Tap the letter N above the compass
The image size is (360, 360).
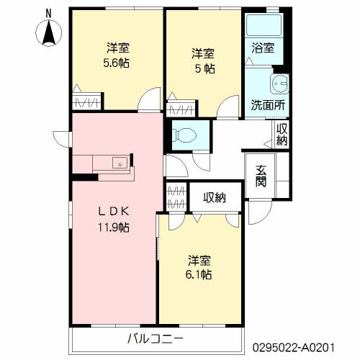(49, 14)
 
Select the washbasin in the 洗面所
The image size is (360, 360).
(279, 84)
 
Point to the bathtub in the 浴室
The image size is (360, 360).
(264, 25)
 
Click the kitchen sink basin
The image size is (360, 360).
(120, 163)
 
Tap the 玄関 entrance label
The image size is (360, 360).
(261, 176)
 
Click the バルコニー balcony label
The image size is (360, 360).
(156, 339)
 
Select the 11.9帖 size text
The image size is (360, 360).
(114, 228)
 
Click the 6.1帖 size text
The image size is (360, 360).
(199, 274)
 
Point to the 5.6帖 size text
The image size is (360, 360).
(116, 63)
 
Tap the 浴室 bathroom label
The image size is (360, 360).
(263, 48)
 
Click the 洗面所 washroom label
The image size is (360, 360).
(268, 105)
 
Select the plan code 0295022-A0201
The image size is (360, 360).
(293, 347)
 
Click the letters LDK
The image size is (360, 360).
(114, 212)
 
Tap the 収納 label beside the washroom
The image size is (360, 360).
(282, 135)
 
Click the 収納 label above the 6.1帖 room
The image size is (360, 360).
(215, 198)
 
